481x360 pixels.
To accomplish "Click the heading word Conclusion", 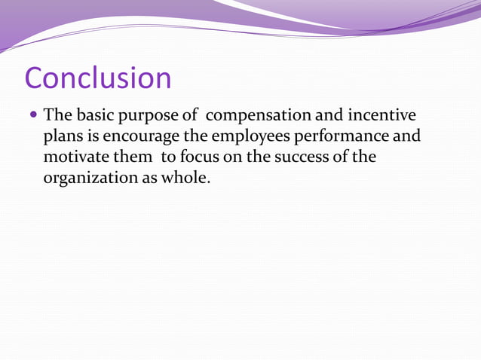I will (98, 78).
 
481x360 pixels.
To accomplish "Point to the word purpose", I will (146, 117).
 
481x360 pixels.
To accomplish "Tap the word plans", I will (63, 138).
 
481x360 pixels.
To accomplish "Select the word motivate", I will (75, 159).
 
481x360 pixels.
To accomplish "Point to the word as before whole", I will (149, 181).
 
